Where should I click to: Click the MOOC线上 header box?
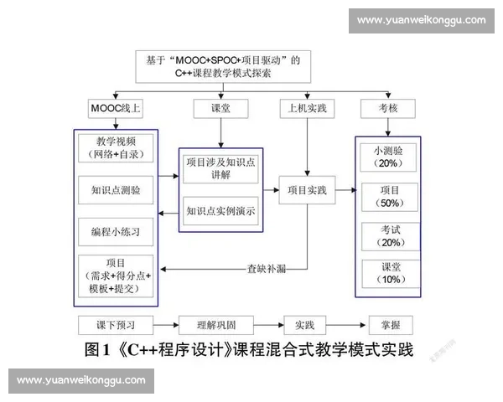click(x=116, y=108)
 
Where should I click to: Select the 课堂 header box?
click(x=220, y=108)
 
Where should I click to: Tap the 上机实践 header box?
click(x=306, y=108)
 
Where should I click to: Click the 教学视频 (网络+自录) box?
click(x=116, y=148)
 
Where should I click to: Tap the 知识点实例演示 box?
click(x=221, y=211)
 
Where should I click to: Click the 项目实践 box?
click(x=307, y=190)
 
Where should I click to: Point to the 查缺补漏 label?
click(x=267, y=269)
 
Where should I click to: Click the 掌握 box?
click(x=391, y=324)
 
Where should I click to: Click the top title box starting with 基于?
click(x=223, y=66)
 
